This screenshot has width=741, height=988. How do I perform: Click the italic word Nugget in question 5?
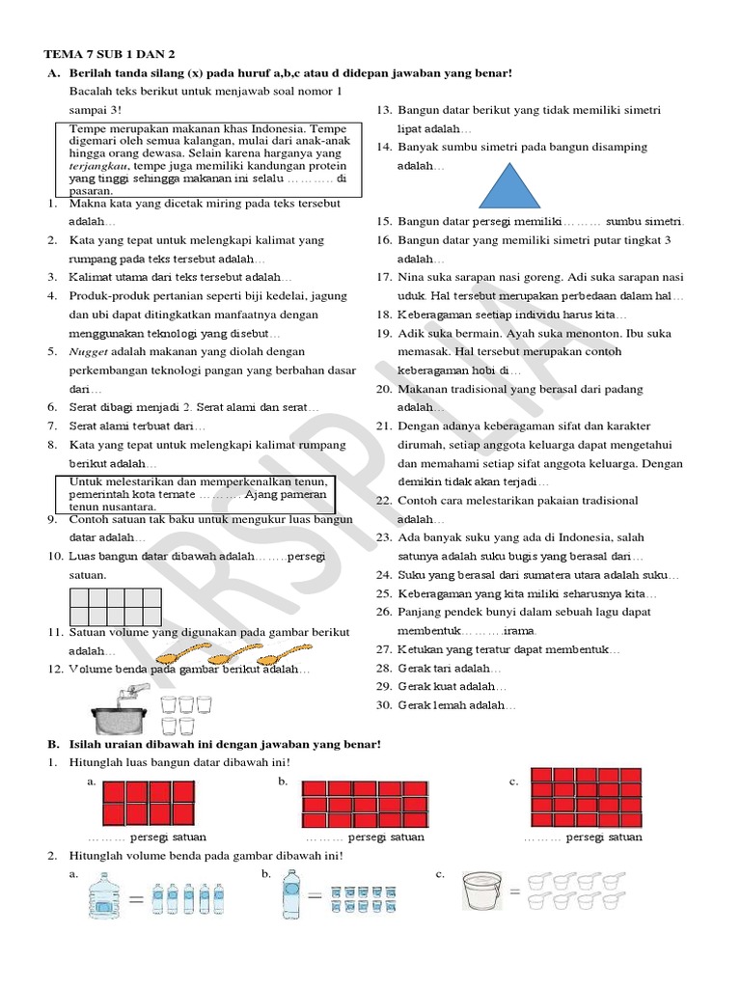pyautogui.click(x=89, y=351)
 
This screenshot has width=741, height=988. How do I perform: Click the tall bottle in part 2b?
pyautogui.click(x=289, y=895)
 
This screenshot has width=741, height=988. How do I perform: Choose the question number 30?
pyautogui.click(x=383, y=705)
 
